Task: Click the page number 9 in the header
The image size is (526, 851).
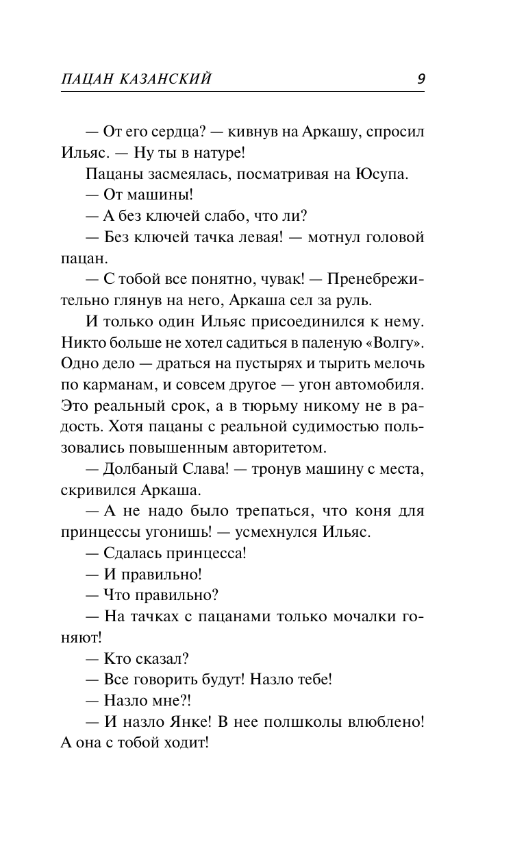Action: (421, 79)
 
